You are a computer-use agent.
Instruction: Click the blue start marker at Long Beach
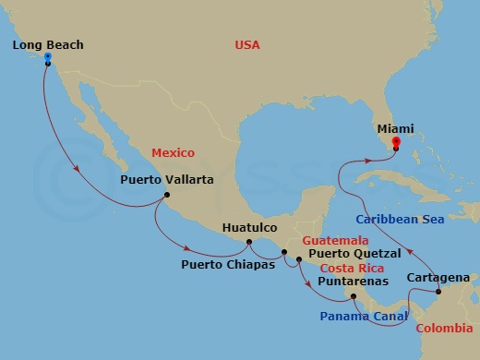pos(47,57)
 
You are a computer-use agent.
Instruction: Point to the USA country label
pos(246,44)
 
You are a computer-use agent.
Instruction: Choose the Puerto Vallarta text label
pos(167,181)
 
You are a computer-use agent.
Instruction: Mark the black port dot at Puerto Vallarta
pos(166,195)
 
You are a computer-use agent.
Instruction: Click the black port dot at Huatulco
pos(248,243)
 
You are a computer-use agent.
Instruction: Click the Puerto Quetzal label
pos(354,253)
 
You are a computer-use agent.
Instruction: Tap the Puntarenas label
pos(354,281)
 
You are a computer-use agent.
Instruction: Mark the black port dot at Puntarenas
pos(353,296)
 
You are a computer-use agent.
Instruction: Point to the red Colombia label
pos(446,329)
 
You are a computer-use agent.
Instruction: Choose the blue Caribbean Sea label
pos(400,220)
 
